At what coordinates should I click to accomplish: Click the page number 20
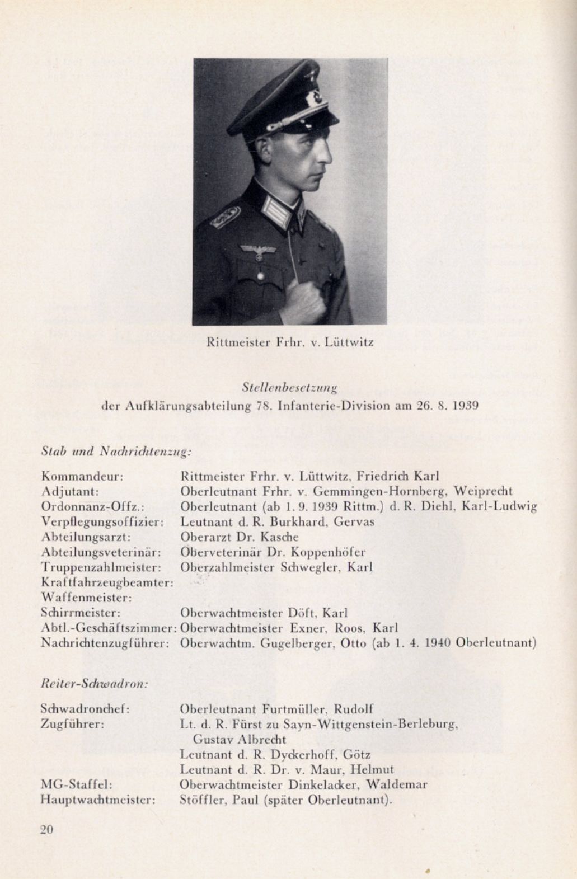coord(46,829)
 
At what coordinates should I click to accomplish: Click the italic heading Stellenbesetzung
coord(289,387)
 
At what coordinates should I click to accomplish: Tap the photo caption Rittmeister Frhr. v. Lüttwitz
coord(289,342)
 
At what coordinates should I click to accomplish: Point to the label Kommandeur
coord(82,477)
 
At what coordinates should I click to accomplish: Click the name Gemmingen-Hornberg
coord(380,492)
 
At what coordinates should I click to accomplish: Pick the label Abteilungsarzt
coord(86,537)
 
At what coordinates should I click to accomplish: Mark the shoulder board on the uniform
coord(225,217)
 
